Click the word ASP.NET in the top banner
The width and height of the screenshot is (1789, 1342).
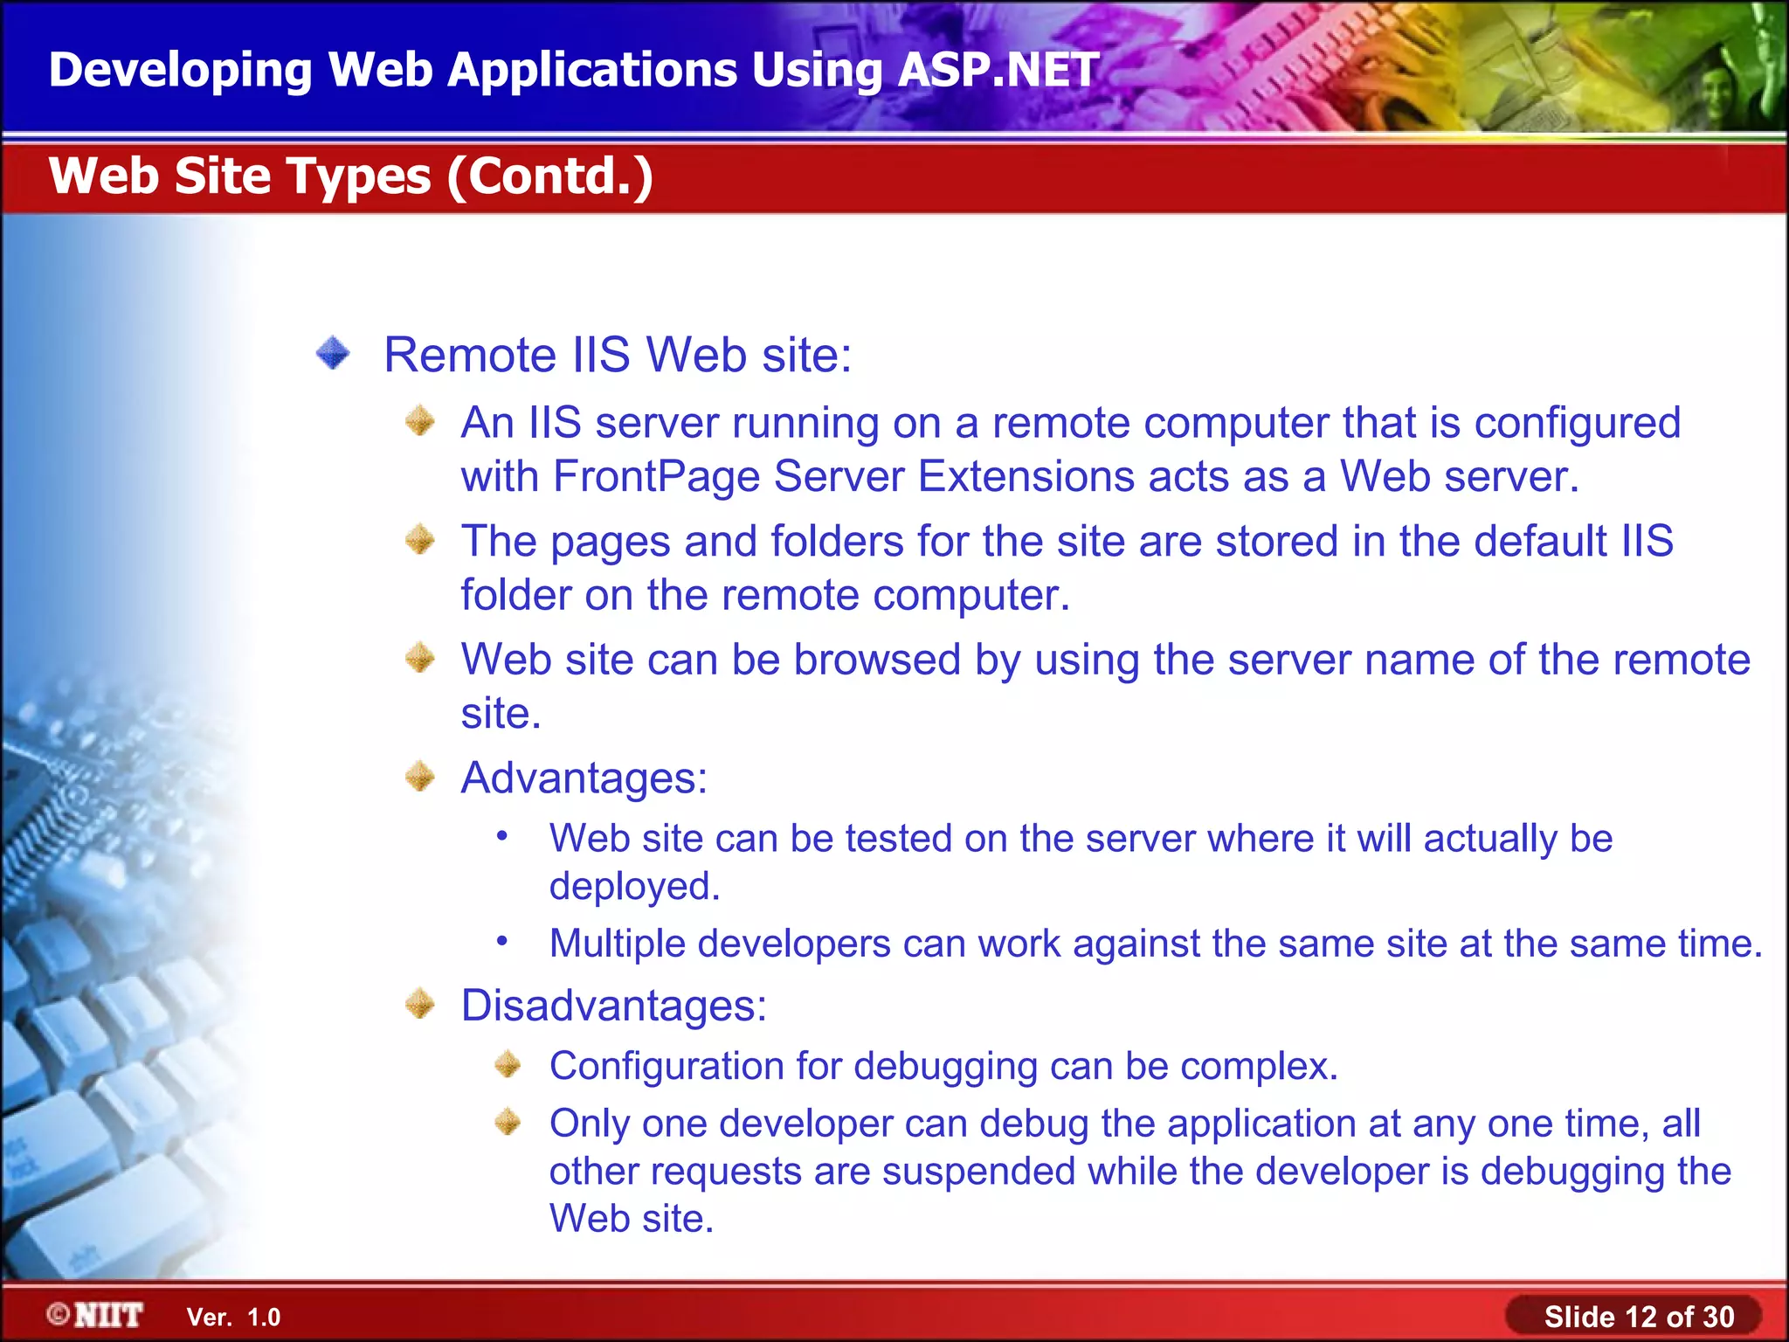(998, 70)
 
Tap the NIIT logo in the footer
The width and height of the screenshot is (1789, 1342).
(96, 1315)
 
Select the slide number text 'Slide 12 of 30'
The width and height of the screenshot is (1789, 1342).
(1639, 1317)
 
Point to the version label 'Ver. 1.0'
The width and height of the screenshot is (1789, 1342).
(233, 1318)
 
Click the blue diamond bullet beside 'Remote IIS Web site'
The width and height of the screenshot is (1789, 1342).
(333, 354)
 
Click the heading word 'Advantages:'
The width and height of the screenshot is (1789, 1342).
(584, 778)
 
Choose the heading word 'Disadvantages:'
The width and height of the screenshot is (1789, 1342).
(613, 1006)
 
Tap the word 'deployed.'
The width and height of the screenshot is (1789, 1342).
(634, 887)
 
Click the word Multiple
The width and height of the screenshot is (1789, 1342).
(617, 944)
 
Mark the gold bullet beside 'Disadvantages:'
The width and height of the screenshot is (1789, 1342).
(420, 1004)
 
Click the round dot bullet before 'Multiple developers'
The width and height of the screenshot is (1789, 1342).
(502, 941)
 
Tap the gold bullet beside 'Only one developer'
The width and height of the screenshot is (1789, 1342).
(508, 1122)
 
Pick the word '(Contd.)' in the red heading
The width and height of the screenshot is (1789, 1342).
(550, 176)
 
